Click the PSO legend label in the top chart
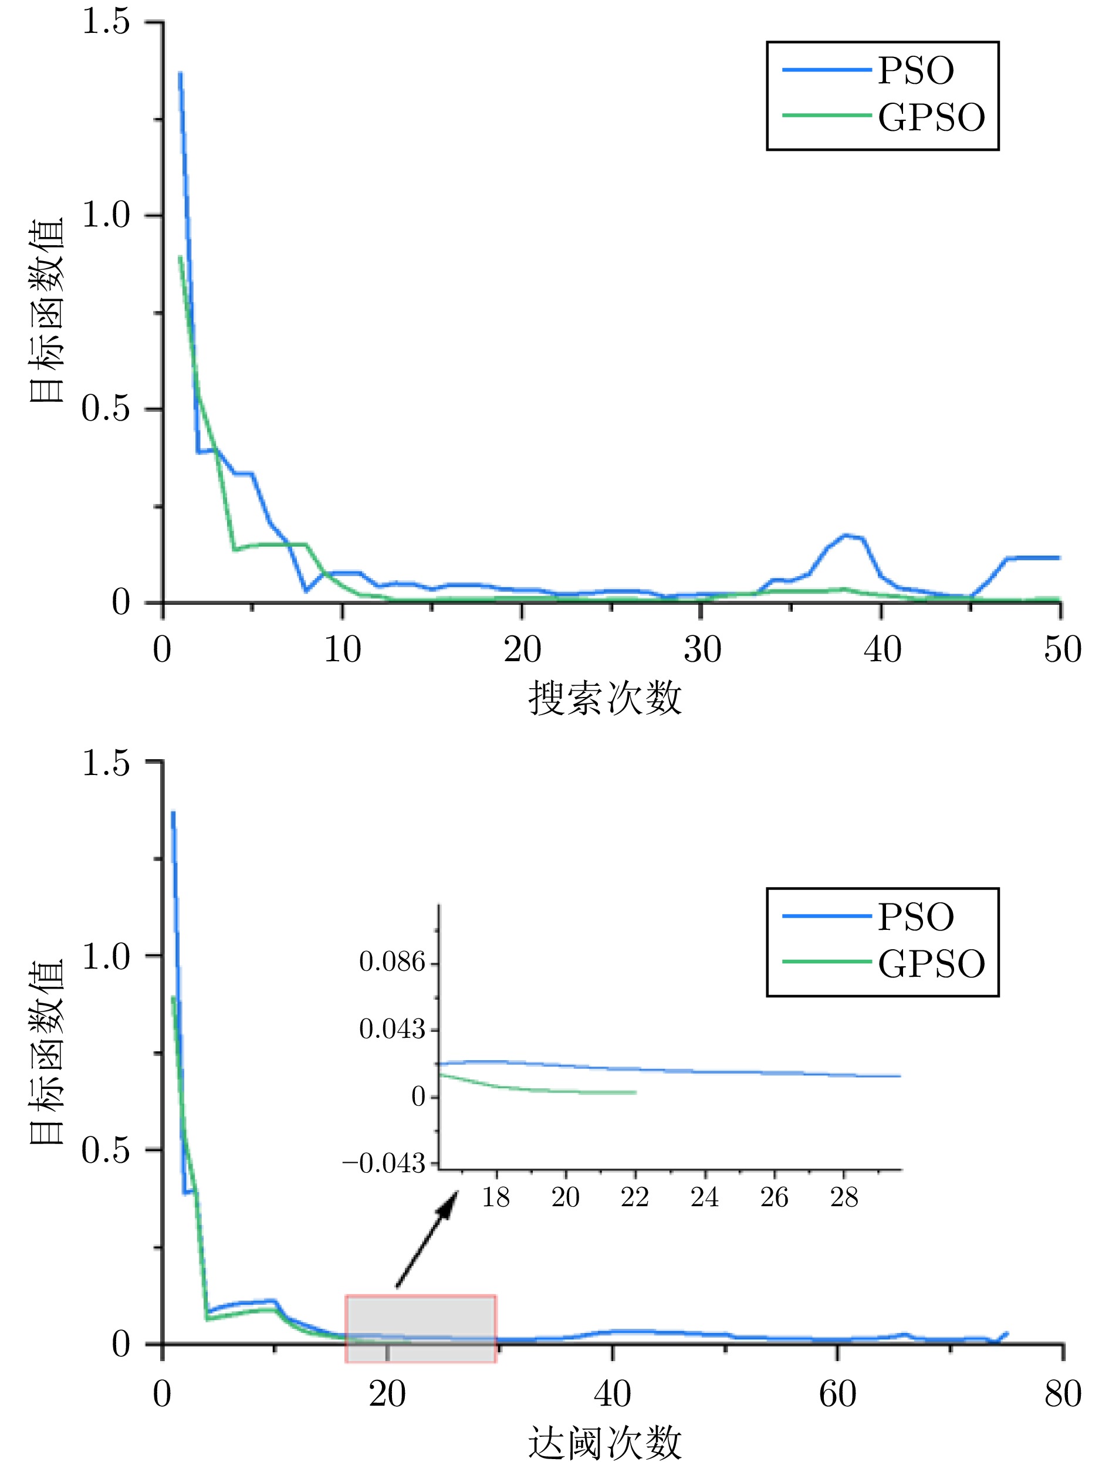pos(915,71)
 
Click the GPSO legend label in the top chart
pos(931,118)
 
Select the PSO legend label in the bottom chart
pos(915,917)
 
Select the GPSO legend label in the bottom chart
pos(931,964)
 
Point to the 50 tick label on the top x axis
pos(1062,649)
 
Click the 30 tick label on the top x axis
pos(702,649)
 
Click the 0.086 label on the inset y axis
pos(392,962)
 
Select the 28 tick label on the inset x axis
pos(844,1197)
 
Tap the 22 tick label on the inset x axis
pos(634,1197)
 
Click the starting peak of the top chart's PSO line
pos(180,73)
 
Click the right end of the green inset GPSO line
pos(635,1092)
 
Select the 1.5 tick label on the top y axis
pos(106,22)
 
